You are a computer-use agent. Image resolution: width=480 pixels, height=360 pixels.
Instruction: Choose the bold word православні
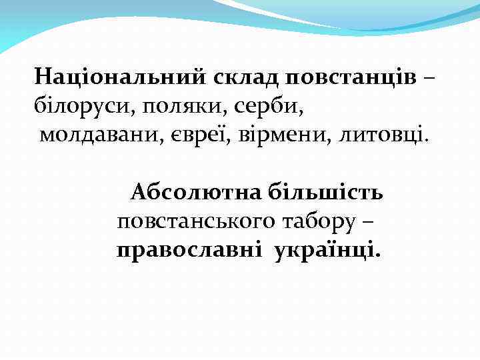(x=190, y=251)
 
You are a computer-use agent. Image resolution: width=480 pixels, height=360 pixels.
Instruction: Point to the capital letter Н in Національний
(x=43, y=77)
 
